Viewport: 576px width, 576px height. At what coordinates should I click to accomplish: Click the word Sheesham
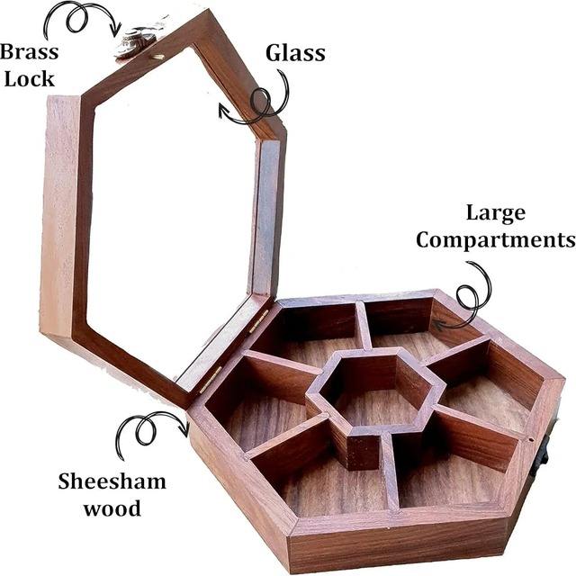pyautogui.click(x=112, y=481)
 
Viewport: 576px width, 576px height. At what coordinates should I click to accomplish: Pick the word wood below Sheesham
pyautogui.click(x=112, y=508)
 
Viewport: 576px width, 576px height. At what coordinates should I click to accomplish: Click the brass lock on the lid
pyautogui.click(x=138, y=41)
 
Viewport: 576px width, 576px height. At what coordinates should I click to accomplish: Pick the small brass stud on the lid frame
pyautogui.click(x=161, y=56)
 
